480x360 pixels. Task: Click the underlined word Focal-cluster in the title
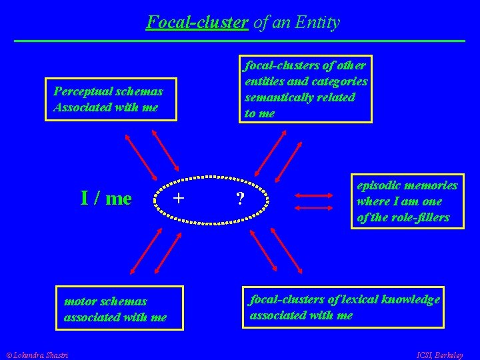(x=197, y=23)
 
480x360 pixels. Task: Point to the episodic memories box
(x=407, y=201)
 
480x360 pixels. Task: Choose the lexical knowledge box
(x=343, y=307)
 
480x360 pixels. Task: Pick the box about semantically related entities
(x=305, y=89)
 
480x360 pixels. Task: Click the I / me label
(x=106, y=199)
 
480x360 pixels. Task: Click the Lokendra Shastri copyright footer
(x=39, y=353)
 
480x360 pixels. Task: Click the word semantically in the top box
(x=300, y=97)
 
